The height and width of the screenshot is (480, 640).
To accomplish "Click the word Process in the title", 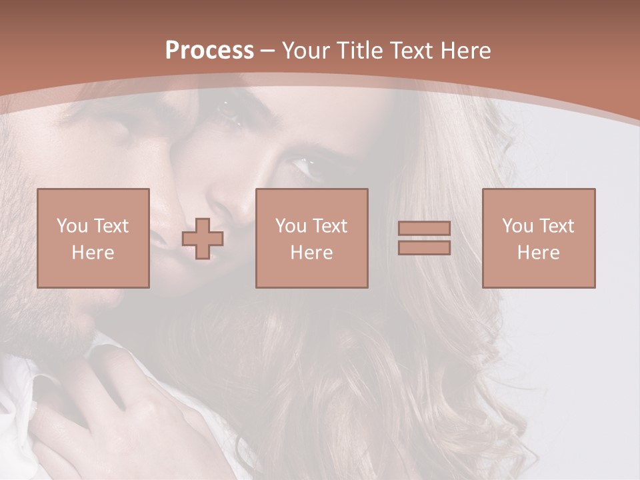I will pyautogui.click(x=209, y=51).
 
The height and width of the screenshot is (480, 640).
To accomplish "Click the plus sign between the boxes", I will pyautogui.click(x=203, y=239).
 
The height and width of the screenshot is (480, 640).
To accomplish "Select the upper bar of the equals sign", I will pyautogui.click(x=424, y=229).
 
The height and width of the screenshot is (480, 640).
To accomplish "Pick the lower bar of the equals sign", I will pyautogui.click(x=424, y=248).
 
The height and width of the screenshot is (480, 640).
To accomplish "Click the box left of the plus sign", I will pyautogui.click(x=93, y=238).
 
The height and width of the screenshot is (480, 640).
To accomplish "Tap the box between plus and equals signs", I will pyautogui.click(x=312, y=238).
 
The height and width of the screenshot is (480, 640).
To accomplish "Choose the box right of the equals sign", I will pyautogui.click(x=539, y=238).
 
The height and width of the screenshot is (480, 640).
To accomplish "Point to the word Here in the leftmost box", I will pyautogui.click(x=93, y=253).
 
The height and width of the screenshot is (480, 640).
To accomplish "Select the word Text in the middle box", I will pyautogui.click(x=330, y=226).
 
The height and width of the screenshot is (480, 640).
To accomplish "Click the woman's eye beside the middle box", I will pyautogui.click(x=305, y=165).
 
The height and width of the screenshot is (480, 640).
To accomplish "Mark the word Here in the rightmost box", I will pyautogui.click(x=539, y=253).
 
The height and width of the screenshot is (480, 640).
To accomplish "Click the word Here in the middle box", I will pyautogui.click(x=312, y=253).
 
